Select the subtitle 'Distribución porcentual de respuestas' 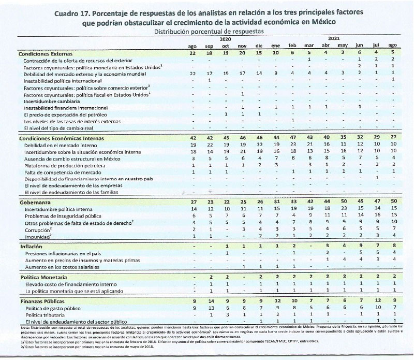[x=211, y=32]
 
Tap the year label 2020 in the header [x=225, y=39]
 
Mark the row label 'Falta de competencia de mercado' [x=65, y=172]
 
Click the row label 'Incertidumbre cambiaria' [x=52, y=102]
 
